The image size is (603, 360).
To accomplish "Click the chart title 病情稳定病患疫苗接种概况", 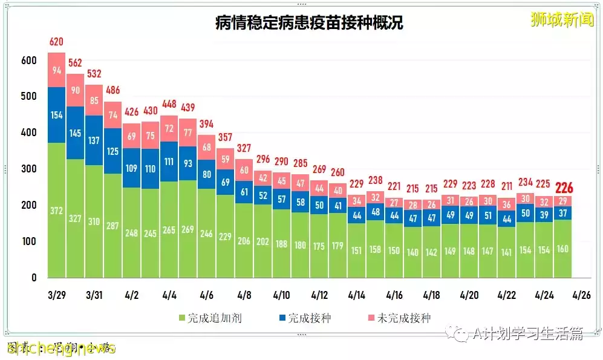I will click(309, 23).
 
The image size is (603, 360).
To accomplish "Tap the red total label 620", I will click(56, 42).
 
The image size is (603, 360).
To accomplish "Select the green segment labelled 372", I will click(56, 210).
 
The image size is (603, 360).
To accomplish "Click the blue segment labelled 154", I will click(56, 115).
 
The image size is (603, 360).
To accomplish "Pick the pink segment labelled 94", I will click(56, 70).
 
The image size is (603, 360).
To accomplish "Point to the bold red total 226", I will click(564, 188).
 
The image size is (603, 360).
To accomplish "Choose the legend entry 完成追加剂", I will click(210, 318).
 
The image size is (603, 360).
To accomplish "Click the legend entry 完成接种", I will click(304, 318).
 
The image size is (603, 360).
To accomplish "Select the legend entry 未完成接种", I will click(398, 318).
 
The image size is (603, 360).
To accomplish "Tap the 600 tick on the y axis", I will click(28, 61).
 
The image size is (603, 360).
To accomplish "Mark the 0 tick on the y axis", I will click(34, 278).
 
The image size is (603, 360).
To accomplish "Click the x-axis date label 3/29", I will click(56, 295).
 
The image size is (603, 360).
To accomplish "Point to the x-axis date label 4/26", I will click(582, 295).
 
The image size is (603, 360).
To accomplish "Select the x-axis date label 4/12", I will click(319, 295).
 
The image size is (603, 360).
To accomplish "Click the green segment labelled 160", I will click(564, 249).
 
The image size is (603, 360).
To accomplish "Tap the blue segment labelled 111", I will click(169, 162).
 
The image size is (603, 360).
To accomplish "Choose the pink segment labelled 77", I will click(187, 133).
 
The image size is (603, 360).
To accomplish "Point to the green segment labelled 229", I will click(225, 236).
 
